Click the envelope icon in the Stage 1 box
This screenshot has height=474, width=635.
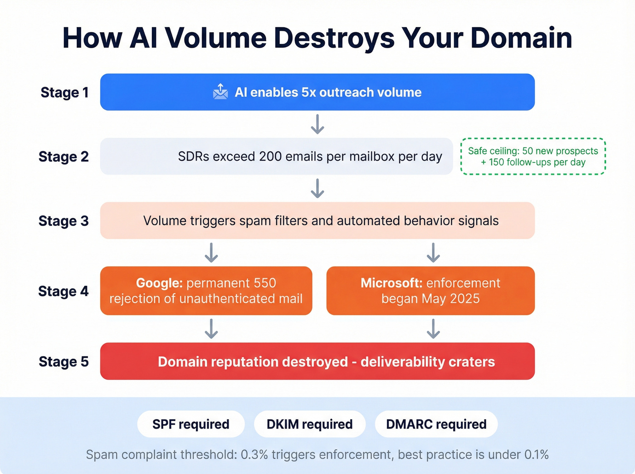[x=220, y=92]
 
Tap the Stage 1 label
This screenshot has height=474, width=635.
[x=64, y=93]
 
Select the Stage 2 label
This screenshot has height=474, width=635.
[x=63, y=157]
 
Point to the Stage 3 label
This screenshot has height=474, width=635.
[x=63, y=221]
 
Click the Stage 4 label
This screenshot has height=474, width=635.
[x=63, y=291]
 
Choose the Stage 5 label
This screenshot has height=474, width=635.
[x=63, y=362]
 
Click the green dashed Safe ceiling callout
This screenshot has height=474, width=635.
[x=533, y=156]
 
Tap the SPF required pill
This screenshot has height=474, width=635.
[x=191, y=424]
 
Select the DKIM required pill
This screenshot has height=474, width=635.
[x=309, y=424]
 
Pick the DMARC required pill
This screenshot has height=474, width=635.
[x=436, y=424]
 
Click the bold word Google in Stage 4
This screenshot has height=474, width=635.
[x=159, y=283]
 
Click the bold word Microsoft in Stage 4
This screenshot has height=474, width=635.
[x=391, y=283]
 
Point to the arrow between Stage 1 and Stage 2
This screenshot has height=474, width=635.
[x=317, y=124]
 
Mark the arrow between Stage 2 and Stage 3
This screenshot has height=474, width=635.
[x=317, y=188]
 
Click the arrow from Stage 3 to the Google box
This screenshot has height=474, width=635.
[x=211, y=253]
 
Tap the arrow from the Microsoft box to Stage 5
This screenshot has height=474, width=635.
[x=433, y=329]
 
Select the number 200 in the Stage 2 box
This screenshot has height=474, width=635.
[x=271, y=156]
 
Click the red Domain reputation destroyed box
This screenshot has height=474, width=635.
[x=317, y=362]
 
